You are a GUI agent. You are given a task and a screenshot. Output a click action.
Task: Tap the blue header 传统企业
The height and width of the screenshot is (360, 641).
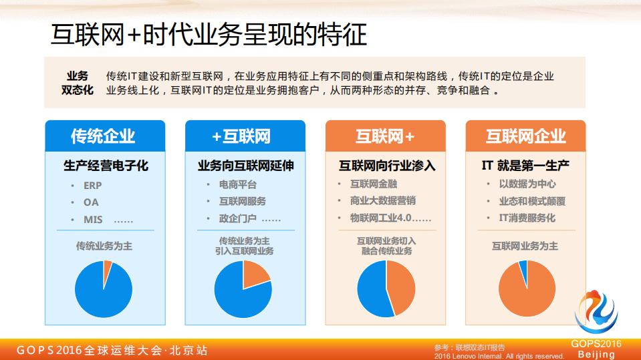coord(103,136)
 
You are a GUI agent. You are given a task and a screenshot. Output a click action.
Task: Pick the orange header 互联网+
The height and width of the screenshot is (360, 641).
coord(385,136)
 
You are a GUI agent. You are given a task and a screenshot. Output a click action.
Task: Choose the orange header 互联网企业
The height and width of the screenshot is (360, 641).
coord(525,136)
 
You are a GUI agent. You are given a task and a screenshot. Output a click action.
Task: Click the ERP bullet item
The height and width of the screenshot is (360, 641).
coord(93,185)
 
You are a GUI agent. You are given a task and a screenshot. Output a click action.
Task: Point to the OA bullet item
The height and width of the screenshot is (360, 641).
coord(91,202)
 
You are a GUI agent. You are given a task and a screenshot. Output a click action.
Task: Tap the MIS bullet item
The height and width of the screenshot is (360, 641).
coord(93,219)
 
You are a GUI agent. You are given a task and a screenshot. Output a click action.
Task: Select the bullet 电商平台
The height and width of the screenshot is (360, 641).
coord(238,184)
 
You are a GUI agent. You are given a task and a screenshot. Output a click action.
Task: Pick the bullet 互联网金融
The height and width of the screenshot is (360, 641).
coord(374,184)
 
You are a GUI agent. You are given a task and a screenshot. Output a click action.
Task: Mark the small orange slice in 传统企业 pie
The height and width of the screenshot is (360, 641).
coord(107,269)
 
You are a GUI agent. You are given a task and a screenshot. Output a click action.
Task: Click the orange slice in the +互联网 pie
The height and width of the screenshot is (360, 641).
coord(255,275)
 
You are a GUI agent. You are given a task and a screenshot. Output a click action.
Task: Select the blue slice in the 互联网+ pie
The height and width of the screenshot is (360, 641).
coord(372,288)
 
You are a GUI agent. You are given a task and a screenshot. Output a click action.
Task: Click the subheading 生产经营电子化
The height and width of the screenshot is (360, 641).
coord(106,166)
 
